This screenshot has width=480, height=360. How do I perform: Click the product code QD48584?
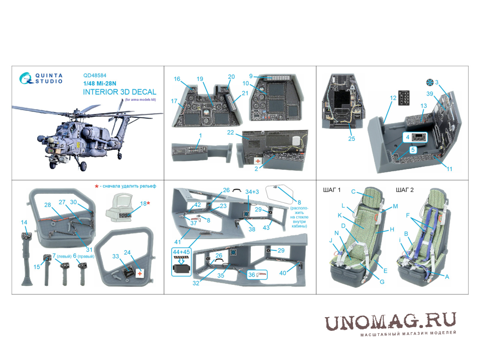click(x=95, y=75)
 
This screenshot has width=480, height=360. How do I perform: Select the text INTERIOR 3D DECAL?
click(x=120, y=92)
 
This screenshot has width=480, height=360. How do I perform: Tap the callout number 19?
click(x=200, y=79)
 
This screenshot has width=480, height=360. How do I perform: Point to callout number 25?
click(x=352, y=139)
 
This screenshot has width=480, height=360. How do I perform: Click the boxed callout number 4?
click(x=408, y=137)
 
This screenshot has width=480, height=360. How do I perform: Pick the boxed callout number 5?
click(x=413, y=150)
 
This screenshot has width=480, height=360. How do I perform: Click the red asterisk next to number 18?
click(x=148, y=203)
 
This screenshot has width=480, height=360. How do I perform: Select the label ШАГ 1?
click(x=332, y=190)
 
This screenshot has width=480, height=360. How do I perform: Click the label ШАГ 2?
click(x=405, y=190)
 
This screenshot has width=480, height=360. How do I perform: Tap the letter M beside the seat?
click(x=395, y=206)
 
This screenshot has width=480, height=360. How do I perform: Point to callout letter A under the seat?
click(x=447, y=277)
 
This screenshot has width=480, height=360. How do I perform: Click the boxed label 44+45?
click(x=181, y=252)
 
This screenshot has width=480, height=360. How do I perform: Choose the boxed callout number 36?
click(x=252, y=275)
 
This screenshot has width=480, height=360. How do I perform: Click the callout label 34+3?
click(x=252, y=192)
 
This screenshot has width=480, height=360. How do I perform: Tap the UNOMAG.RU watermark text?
click(x=390, y=322)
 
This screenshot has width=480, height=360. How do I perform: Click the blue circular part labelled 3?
click(x=430, y=82)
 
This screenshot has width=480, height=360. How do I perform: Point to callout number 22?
click(x=231, y=133)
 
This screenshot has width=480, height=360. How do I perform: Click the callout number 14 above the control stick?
click(x=24, y=222)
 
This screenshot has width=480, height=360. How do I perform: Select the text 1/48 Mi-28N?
click(x=100, y=83)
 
